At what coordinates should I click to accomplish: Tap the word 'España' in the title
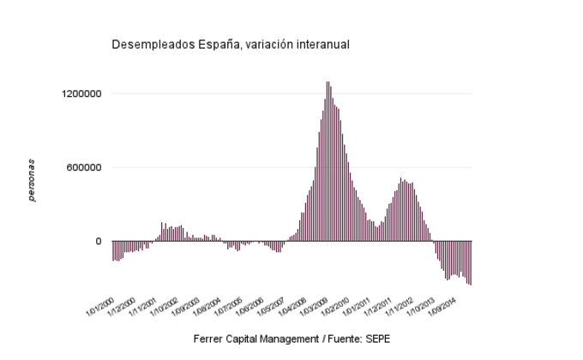tap(209, 44)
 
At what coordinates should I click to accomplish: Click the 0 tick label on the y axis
tap(99, 242)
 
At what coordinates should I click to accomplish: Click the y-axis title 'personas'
tap(31, 180)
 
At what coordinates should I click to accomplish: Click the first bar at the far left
tap(112, 250)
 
